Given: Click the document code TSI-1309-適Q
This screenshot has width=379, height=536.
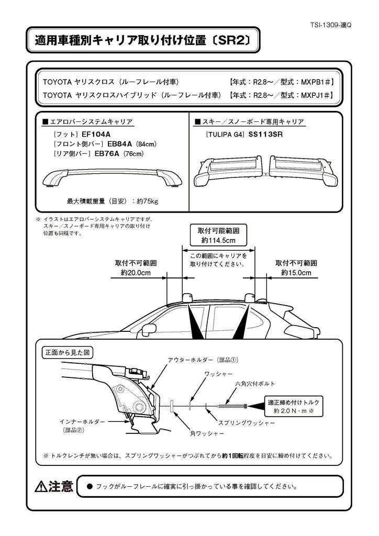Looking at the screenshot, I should (x=332, y=24).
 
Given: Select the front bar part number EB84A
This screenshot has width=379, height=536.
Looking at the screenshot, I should (x=119, y=143).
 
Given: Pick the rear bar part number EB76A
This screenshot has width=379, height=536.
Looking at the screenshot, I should (x=107, y=153).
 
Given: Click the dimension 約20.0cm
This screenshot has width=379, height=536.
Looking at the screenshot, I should (x=136, y=273).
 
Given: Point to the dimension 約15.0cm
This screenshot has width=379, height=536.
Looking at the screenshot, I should (x=296, y=273).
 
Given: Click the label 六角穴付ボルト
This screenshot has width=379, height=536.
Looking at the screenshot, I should (x=250, y=384).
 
